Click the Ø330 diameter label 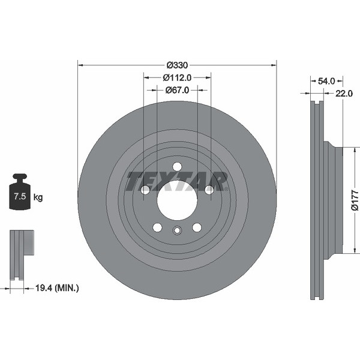click(177, 65)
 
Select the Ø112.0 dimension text click(177, 78)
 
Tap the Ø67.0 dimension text click(177, 90)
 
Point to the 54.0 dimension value click(326, 81)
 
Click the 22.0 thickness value click(344, 94)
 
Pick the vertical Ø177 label click(355, 200)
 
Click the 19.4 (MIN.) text click(57, 287)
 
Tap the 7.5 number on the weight click(20, 197)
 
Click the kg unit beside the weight click(38, 197)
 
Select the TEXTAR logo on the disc click(177, 181)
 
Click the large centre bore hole click(177, 200)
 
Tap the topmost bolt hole click(177, 166)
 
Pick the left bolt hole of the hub click(145, 190)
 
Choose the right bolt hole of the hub click(209, 190)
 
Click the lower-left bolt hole click(157, 227)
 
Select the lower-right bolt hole click(197, 227)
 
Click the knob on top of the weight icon click(20, 178)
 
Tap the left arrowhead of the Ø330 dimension click(80, 65)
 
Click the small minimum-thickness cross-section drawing click(22, 256)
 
